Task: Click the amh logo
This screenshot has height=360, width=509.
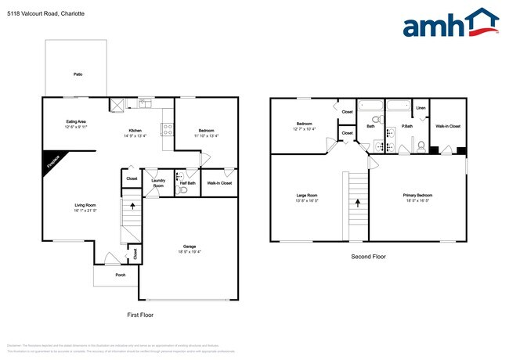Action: [450, 23]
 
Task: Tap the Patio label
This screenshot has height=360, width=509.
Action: [78, 74]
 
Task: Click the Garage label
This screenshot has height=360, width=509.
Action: [190, 247]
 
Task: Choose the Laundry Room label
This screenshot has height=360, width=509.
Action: [158, 183]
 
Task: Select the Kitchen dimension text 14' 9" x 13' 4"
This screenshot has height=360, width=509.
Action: [135, 135]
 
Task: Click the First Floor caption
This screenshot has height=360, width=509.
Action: [140, 315]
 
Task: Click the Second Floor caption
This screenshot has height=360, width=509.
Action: [367, 256]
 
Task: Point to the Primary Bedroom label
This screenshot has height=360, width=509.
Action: [418, 195]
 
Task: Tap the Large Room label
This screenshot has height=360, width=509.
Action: [307, 195]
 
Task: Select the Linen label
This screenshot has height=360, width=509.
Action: [421, 108]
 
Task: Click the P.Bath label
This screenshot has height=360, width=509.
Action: [407, 126]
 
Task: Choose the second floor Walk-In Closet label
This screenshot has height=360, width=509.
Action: [448, 126]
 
